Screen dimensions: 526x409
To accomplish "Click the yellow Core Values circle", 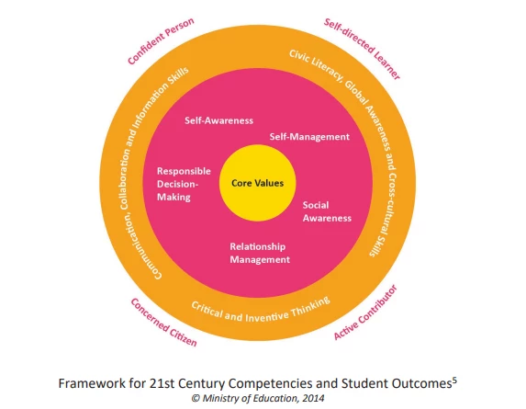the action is [x=257, y=183].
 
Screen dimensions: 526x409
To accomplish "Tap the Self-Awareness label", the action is [x=218, y=120].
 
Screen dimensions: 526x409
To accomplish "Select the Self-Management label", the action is [x=309, y=137].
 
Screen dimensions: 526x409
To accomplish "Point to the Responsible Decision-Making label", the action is [x=184, y=184].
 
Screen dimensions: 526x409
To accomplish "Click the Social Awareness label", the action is [x=327, y=211].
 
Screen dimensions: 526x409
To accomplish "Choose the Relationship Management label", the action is [x=260, y=253].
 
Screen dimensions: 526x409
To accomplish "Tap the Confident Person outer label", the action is [x=161, y=40].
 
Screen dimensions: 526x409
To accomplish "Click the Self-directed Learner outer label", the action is [x=363, y=49].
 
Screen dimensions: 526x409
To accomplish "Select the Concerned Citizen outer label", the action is [x=163, y=323].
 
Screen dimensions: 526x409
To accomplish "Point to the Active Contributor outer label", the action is [x=365, y=312].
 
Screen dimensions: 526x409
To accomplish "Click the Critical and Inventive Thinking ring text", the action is [x=261, y=311].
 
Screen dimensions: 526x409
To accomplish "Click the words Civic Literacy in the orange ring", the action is [x=316, y=66].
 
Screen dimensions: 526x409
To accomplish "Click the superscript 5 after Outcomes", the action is [x=454, y=381].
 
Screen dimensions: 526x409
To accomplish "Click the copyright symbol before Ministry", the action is [x=196, y=399].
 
